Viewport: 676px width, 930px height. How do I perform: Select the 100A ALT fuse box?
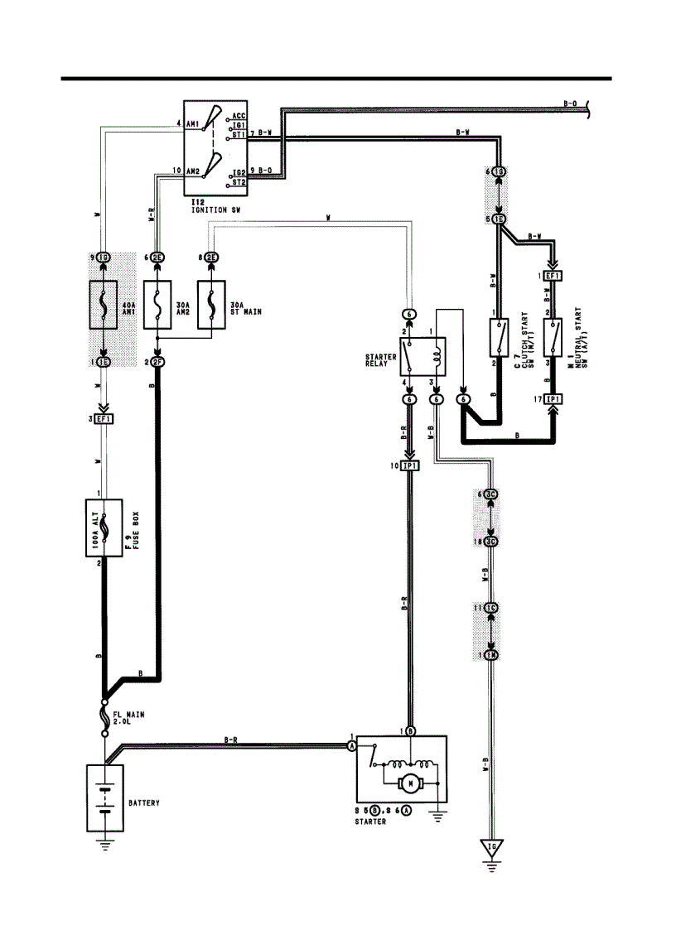104,528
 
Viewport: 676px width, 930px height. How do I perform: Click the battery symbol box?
104,797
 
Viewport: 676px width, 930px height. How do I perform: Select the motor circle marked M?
409,782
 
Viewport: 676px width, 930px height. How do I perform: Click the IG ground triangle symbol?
493,847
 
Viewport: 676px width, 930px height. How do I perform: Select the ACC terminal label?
239,115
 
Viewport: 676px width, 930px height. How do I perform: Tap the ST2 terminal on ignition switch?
239,181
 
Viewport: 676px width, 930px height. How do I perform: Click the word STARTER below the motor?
371,822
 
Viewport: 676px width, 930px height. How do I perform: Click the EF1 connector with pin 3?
104,419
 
